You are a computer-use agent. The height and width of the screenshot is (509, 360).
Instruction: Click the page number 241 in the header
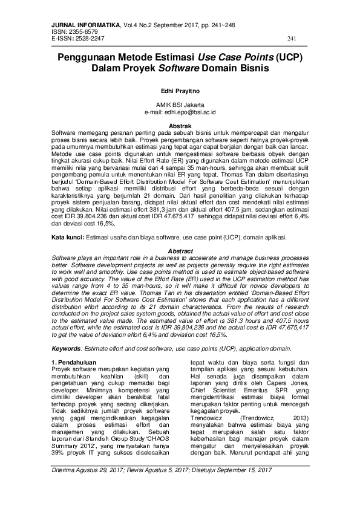click(x=290, y=39)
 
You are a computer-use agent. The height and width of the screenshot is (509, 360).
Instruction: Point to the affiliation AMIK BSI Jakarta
click(x=180, y=105)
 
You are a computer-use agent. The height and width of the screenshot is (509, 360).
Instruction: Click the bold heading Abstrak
click(x=180, y=125)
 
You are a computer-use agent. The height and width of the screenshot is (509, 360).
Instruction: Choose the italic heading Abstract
click(x=180, y=251)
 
